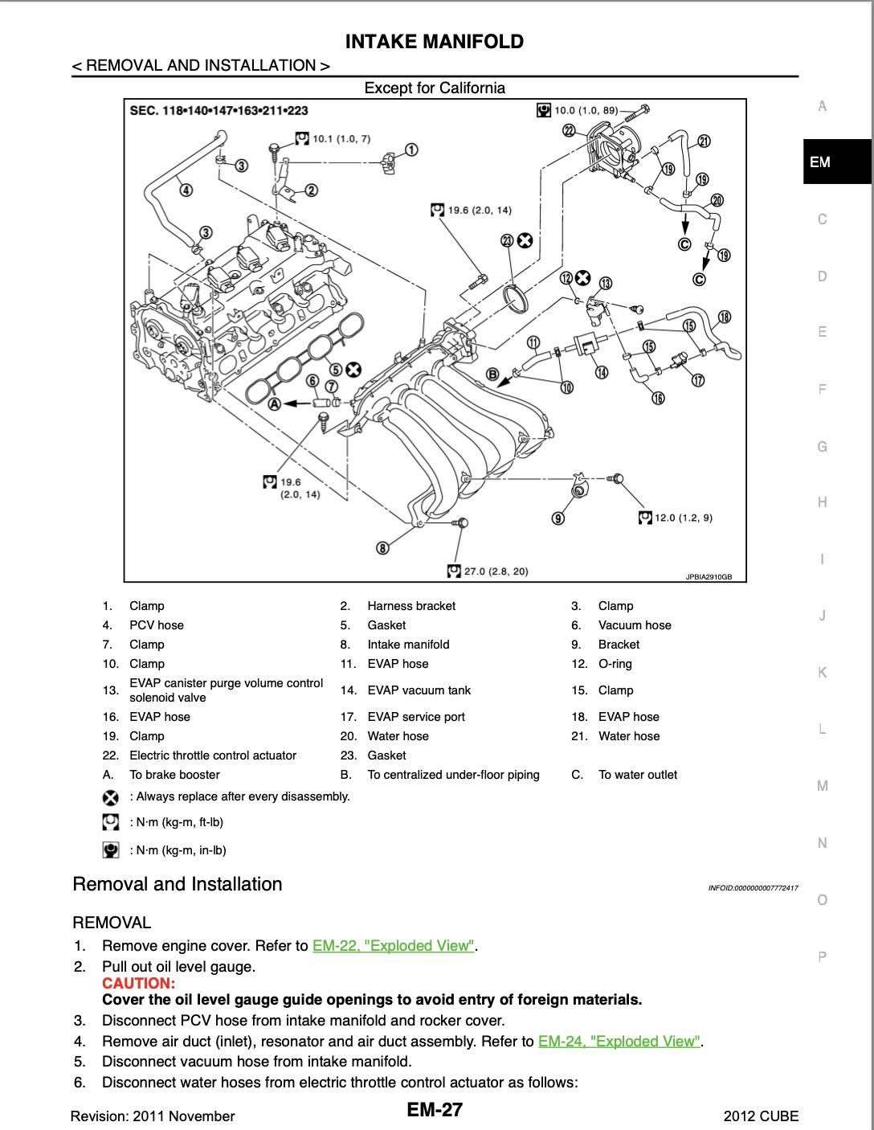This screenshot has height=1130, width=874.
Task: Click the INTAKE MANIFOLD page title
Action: (434, 42)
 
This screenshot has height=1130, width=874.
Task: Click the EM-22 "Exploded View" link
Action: (394, 946)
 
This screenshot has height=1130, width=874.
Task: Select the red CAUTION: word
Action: (138, 984)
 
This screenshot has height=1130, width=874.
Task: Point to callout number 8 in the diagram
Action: (383, 548)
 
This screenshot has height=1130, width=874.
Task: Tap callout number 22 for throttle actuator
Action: (570, 130)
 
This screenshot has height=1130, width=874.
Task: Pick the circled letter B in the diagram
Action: (495, 375)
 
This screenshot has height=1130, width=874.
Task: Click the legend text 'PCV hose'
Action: (156, 625)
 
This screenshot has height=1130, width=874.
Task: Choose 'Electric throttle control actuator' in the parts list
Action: (213, 755)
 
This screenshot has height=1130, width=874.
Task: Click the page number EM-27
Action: (435, 1111)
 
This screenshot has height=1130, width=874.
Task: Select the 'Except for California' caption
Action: (435, 88)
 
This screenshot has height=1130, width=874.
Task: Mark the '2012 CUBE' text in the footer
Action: (761, 1116)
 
